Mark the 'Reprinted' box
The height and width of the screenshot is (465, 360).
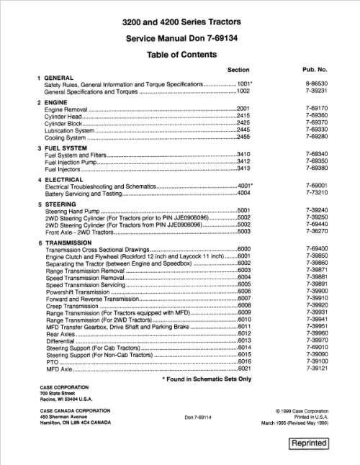[308, 443]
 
